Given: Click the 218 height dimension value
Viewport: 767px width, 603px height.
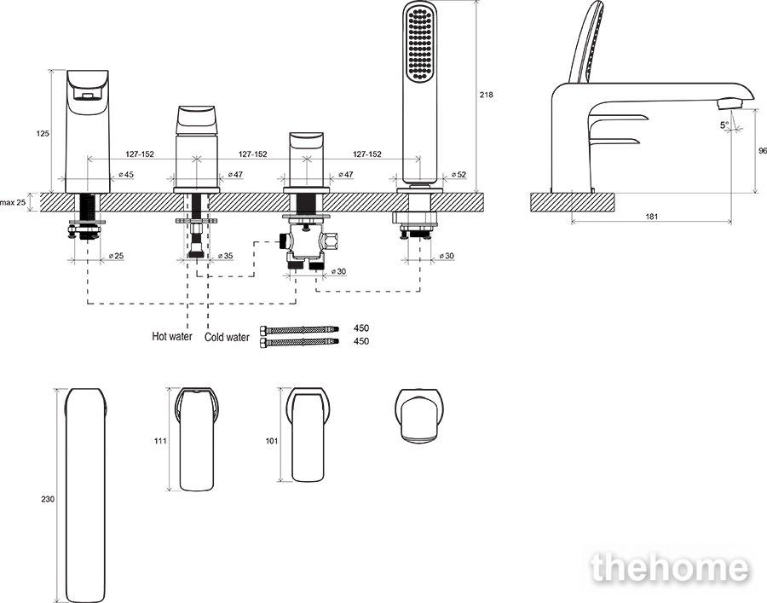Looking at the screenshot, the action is click(486, 95).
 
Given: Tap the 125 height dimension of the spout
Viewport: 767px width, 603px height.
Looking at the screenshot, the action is click(43, 133).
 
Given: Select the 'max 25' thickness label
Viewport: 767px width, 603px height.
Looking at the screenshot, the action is click(13, 201).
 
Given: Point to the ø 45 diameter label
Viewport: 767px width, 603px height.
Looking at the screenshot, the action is click(126, 174).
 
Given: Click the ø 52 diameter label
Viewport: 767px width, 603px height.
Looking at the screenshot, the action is click(458, 174).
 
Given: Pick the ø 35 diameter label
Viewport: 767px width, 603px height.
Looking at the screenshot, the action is click(226, 256).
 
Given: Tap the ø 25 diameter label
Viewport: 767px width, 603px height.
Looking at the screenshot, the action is click(116, 256).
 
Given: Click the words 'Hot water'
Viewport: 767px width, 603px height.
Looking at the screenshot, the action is click(172, 336).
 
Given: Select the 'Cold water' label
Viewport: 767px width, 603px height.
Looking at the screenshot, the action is click(227, 337).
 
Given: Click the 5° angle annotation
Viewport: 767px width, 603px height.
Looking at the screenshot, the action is click(724, 125).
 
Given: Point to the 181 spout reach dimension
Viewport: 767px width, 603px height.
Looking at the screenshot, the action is click(652, 216).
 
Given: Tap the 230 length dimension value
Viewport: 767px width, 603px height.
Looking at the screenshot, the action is click(48, 499).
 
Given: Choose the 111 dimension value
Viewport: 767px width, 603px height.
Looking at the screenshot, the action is click(160, 441).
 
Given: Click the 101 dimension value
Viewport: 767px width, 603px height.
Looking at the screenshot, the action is click(272, 441).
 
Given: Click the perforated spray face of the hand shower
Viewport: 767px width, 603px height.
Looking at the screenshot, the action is click(420, 45).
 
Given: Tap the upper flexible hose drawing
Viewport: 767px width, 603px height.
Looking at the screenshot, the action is click(299, 329).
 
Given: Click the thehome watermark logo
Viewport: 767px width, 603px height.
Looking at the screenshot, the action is click(669, 569).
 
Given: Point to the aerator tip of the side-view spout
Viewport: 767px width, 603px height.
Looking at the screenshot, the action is click(730, 103).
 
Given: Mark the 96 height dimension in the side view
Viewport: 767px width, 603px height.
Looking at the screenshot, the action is click(762, 151).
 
